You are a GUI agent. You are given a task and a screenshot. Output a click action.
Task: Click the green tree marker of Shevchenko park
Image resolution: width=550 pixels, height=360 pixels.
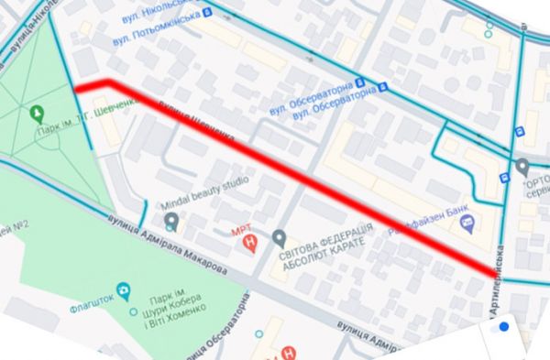[37, 114]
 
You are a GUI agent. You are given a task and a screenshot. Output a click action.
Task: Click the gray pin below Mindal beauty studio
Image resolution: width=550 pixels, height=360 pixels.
[171, 222]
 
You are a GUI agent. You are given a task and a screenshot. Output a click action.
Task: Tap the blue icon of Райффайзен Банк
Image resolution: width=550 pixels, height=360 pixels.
[467, 222]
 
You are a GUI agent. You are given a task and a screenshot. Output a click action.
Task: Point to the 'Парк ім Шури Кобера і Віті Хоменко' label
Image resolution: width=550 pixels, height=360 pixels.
[172, 308]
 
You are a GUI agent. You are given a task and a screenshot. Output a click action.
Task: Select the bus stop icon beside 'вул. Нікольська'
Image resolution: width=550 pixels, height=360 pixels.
[207, 12]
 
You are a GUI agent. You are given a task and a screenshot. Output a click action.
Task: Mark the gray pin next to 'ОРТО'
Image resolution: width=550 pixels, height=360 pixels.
[522, 168]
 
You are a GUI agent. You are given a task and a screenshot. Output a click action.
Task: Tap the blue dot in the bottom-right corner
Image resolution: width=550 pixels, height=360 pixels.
[503, 326]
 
